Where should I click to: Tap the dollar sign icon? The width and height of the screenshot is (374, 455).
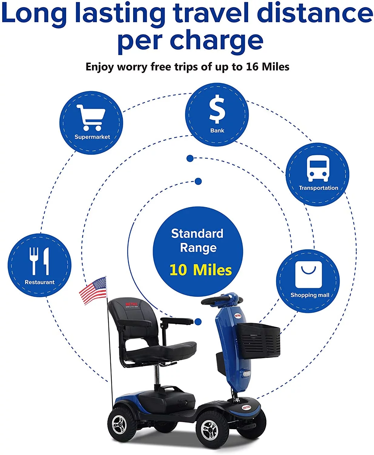[217, 109]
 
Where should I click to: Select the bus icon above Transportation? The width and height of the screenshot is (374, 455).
[318, 169]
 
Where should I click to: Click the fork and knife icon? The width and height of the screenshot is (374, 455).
[39, 261]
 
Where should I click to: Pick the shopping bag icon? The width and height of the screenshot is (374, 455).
[308, 274]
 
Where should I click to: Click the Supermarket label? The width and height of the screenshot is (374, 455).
[92, 137]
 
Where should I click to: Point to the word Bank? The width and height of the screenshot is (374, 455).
[217, 130]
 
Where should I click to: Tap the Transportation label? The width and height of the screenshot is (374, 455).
[318, 188]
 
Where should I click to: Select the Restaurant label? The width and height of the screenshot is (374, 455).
[40, 282]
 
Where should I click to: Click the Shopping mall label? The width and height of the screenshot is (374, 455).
[310, 295]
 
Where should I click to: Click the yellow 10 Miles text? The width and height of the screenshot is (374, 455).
[200, 270]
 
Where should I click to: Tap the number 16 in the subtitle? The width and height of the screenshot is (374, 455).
[252, 67]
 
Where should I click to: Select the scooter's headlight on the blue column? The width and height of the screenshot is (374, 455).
[246, 374]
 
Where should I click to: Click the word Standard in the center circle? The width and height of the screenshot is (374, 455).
[197, 234]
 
